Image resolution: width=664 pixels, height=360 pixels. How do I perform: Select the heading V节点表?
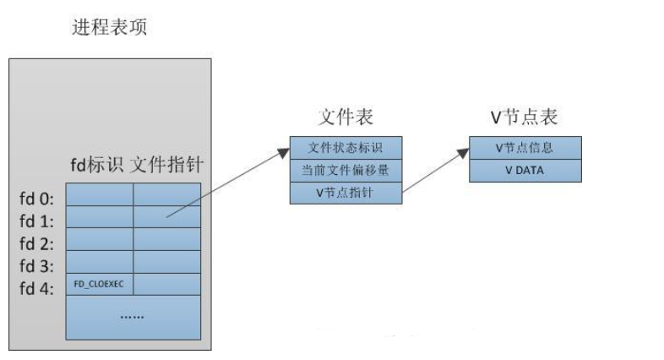(525, 117)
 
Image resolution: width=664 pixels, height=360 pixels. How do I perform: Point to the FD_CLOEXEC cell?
(100, 284)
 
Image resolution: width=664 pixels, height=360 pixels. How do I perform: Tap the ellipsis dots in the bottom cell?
(133, 317)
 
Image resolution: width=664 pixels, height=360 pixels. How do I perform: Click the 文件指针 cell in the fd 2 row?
(167, 240)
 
